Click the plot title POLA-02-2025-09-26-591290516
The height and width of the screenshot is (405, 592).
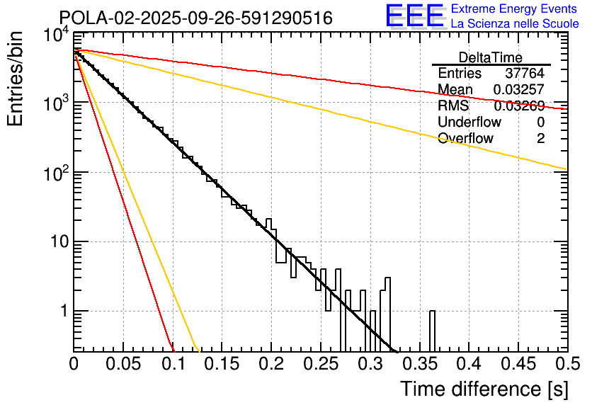(195, 18)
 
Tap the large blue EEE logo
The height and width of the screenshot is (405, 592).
(414, 17)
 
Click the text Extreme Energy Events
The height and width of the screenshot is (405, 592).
(515, 9)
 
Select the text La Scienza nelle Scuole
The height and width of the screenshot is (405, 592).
(515, 24)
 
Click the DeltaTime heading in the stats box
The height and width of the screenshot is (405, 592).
(491, 57)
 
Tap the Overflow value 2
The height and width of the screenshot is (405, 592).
(540, 139)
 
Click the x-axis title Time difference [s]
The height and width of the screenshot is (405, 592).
(484, 389)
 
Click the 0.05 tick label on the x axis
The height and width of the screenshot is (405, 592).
(123, 364)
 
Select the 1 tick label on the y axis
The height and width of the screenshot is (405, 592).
(62, 311)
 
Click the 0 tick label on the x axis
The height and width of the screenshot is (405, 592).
(74, 364)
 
